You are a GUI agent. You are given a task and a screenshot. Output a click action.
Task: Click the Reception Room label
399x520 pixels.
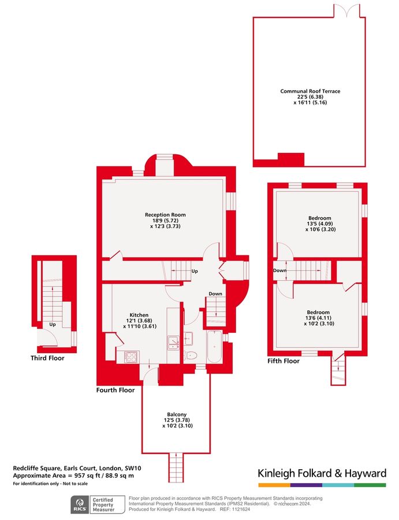pyautogui.click(x=165, y=215)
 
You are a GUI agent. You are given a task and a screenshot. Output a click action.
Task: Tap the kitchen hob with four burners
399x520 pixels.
pyautogui.click(x=128, y=356)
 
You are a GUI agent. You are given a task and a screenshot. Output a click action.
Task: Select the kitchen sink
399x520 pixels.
pyautogui.click(x=173, y=343)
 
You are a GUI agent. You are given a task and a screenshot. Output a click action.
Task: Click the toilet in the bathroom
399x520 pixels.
pyautogui.click(x=191, y=355)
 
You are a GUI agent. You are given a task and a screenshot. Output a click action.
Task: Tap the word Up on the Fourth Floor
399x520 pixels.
pyautogui.click(x=195, y=271)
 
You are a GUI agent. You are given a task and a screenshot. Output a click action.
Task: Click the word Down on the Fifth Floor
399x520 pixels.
pyautogui.click(x=280, y=270)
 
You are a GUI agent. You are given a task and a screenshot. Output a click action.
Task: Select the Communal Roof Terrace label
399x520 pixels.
pyautogui.click(x=310, y=91)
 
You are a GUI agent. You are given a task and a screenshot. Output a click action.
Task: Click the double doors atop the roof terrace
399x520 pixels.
pyautogui.click(x=350, y=10)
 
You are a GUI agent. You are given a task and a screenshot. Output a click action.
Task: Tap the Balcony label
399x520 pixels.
pyautogui.click(x=177, y=414)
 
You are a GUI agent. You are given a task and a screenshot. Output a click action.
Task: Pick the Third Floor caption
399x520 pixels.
pyautogui.click(x=47, y=358)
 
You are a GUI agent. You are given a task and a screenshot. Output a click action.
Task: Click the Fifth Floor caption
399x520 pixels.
pyautogui.click(x=284, y=361)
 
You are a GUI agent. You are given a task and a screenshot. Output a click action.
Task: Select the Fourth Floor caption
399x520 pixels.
pyautogui.click(x=115, y=390)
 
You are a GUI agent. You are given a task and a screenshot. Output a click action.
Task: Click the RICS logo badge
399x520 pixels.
pyautogui.click(x=80, y=504)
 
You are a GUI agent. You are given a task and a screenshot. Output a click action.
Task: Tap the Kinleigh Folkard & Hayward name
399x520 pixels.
pyautogui.click(x=322, y=473)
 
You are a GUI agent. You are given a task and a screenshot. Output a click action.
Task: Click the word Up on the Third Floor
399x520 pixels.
pyautogui.click(x=53, y=324)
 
